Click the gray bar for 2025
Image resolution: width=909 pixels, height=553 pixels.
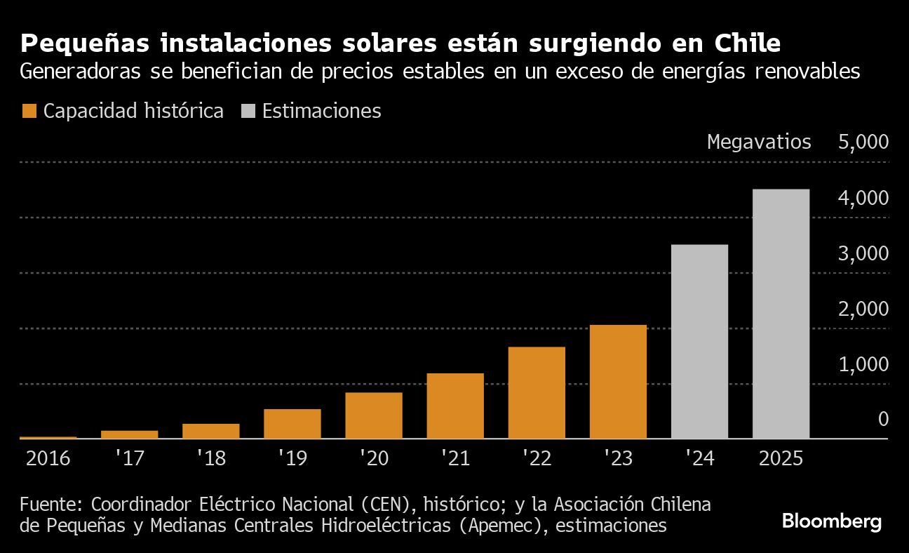[781, 314]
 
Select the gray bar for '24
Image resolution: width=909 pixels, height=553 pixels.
[699, 342]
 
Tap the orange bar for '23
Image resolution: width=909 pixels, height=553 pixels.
[618, 382]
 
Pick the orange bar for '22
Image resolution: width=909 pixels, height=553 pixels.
[537, 392]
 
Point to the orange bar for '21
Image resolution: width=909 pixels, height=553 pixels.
[455, 406]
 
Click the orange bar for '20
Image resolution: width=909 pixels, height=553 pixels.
[374, 415]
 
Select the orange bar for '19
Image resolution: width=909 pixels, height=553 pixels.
[292, 424]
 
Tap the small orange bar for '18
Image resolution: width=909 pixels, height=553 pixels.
[211, 431]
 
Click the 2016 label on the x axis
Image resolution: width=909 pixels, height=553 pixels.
[48, 458]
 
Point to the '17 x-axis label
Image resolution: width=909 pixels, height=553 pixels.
[129, 458]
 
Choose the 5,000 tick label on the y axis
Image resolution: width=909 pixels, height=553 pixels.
[863, 142]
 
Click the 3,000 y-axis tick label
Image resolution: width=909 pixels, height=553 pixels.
[863, 253]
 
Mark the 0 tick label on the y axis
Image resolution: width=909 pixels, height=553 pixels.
[882, 419]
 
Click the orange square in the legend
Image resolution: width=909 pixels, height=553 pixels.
[29, 111]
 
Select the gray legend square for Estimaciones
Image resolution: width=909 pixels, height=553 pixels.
[248, 111]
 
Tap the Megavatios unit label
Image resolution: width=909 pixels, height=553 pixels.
[759, 142]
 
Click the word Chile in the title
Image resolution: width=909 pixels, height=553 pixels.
[747, 44]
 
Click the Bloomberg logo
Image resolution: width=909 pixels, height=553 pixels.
[831, 521]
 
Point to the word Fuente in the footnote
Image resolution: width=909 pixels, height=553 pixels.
[51, 505]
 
